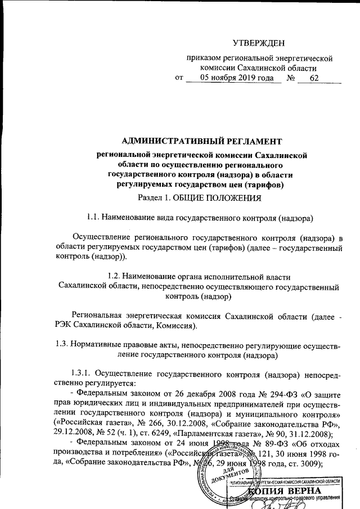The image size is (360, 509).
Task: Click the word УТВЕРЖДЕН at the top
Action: [x=259, y=43]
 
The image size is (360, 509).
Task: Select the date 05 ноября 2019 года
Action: [x=233, y=78]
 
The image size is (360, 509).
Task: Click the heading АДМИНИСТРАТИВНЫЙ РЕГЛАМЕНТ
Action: [x=202, y=140]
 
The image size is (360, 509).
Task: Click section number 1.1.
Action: [x=93, y=217]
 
